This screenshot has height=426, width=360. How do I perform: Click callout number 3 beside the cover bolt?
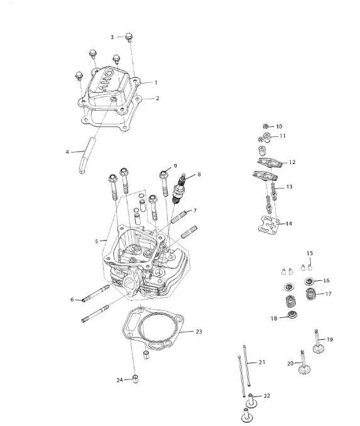pos(112,37)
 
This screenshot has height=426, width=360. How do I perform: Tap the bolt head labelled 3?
pos(129,37)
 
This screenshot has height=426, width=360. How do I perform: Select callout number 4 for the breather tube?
pos(67,152)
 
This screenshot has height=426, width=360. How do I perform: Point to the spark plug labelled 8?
pos(180,188)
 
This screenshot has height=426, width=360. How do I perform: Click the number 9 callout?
pos(175,166)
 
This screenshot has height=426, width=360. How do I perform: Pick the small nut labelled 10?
pos(266,126)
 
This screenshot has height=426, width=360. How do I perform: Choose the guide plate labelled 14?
pos(269,224)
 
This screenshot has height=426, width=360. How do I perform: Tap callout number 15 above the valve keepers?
pos(310,253)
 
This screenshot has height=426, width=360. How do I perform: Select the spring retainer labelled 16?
pos(310,281)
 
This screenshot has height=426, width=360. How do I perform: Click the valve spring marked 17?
pos(311,294)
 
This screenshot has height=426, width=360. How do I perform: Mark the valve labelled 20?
pos(304,363)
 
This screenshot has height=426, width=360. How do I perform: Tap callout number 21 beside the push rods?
pos(261,362)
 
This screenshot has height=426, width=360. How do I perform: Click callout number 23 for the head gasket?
pos(199,332)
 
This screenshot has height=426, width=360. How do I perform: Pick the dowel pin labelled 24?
pos(135,378)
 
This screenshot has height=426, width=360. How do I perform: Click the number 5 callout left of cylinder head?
pos(97,241)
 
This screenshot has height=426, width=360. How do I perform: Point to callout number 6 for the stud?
pos(72,300)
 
